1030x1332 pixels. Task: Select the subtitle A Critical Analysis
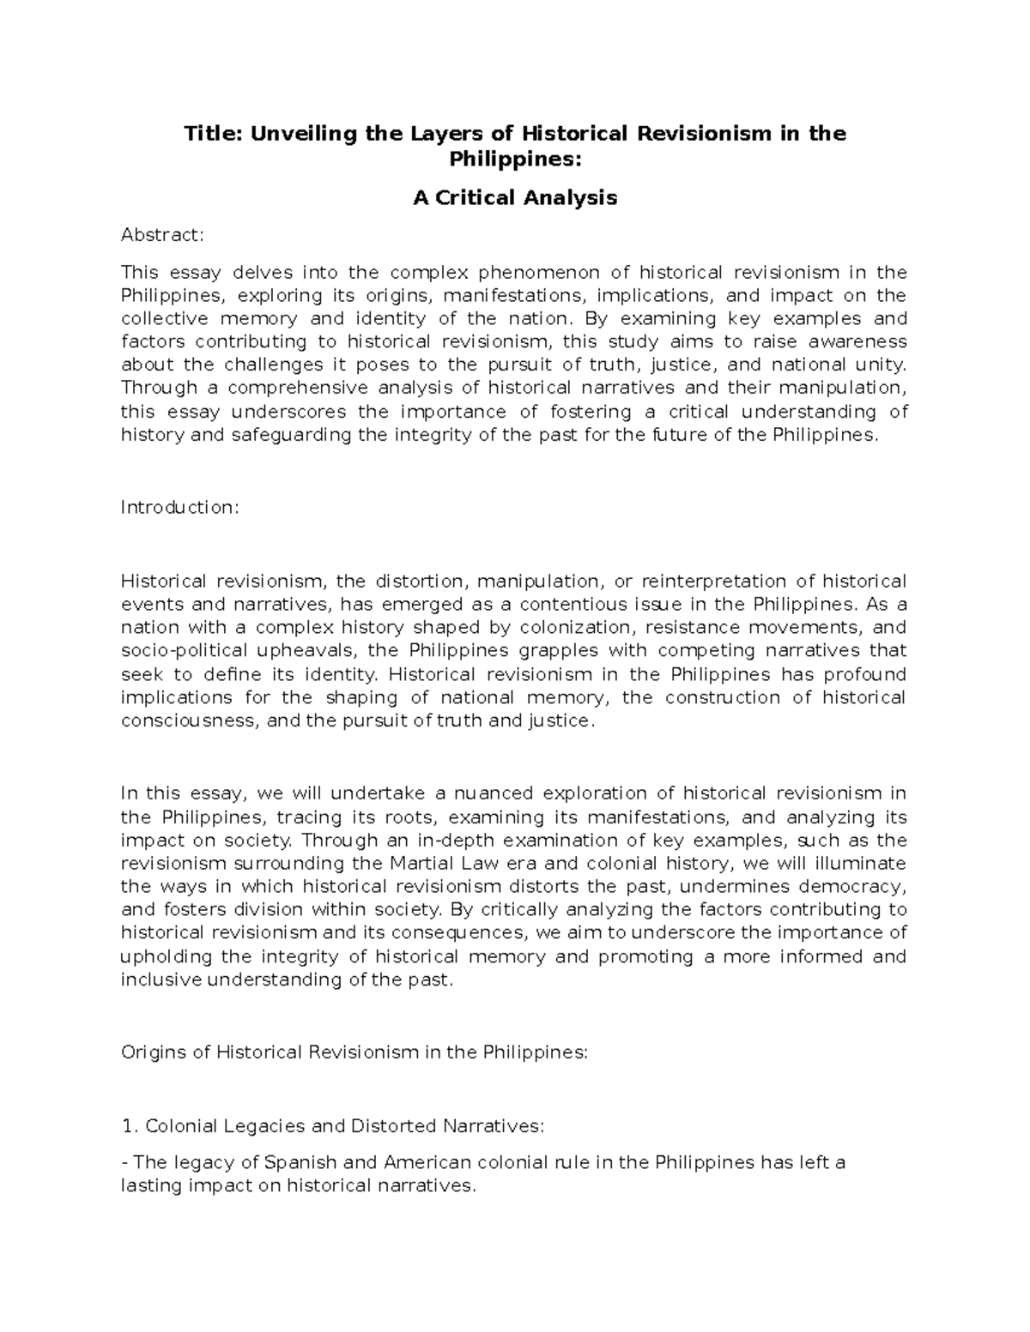point(515,198)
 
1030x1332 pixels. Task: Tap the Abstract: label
point(163,235)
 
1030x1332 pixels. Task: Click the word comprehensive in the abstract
point(297,389)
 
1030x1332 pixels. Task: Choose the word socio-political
point(173,651)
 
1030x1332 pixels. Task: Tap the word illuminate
point(864,863)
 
